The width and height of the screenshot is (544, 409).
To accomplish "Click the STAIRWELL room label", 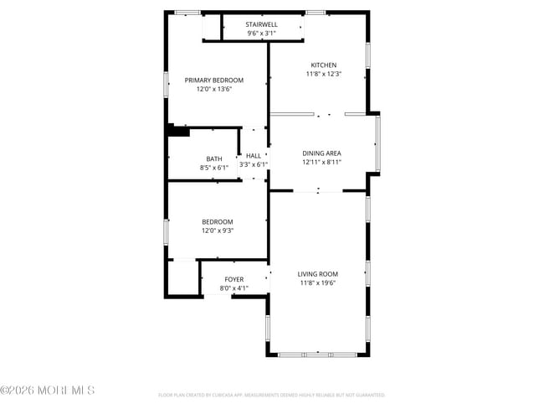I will (261, 25).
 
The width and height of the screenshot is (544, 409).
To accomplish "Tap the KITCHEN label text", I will (323, 65).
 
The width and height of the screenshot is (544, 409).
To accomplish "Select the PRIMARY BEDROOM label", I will (214, 80).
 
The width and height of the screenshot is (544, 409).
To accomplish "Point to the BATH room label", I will (214, 159).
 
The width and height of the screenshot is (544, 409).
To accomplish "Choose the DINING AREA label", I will (321, 153).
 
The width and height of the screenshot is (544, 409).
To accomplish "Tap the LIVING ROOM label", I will (318, 274).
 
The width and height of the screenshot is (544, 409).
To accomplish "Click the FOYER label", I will (234, 279).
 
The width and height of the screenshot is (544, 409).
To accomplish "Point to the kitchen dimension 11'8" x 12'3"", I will (323, 75).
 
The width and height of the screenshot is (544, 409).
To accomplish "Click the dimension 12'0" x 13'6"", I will (214, 89).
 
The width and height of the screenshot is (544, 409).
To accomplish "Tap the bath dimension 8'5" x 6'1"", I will (214, 168).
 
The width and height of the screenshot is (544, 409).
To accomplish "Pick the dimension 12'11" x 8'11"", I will (321, 163).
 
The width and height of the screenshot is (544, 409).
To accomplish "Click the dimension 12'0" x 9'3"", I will (217, 230).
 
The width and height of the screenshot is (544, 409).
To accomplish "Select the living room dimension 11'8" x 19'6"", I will (318, 283).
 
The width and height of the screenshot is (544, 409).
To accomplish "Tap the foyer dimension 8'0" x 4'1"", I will (234, 288).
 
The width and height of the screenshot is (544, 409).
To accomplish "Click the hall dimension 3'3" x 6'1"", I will (253, 165).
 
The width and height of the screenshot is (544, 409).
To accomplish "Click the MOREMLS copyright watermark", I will (48, 391).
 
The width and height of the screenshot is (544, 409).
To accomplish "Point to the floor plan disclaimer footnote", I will (271, 395).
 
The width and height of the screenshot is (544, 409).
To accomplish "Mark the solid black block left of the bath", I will (177, 130).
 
